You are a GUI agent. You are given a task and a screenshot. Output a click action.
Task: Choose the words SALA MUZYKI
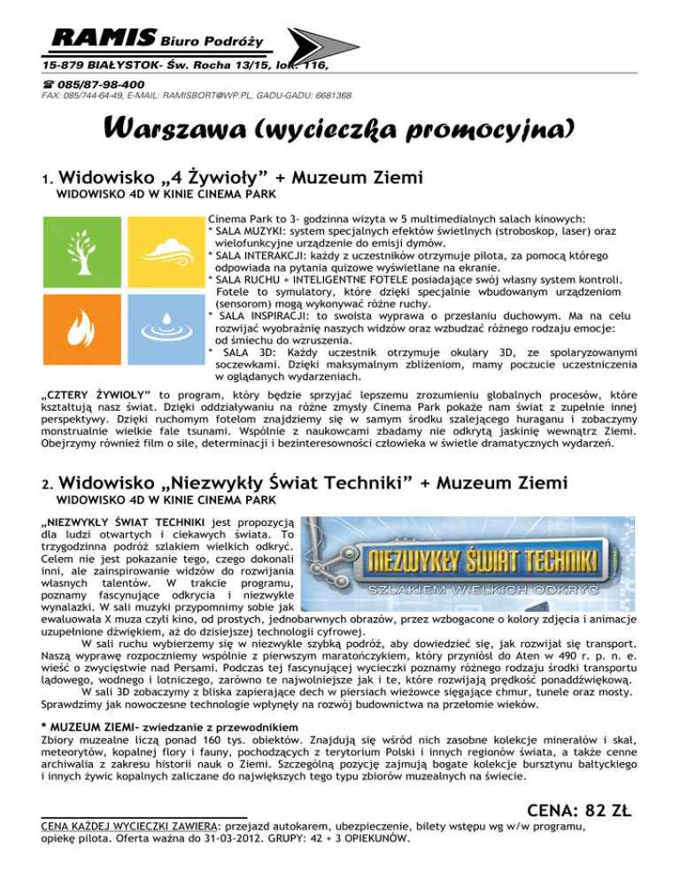pyautogui.click(x=248, y=254)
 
